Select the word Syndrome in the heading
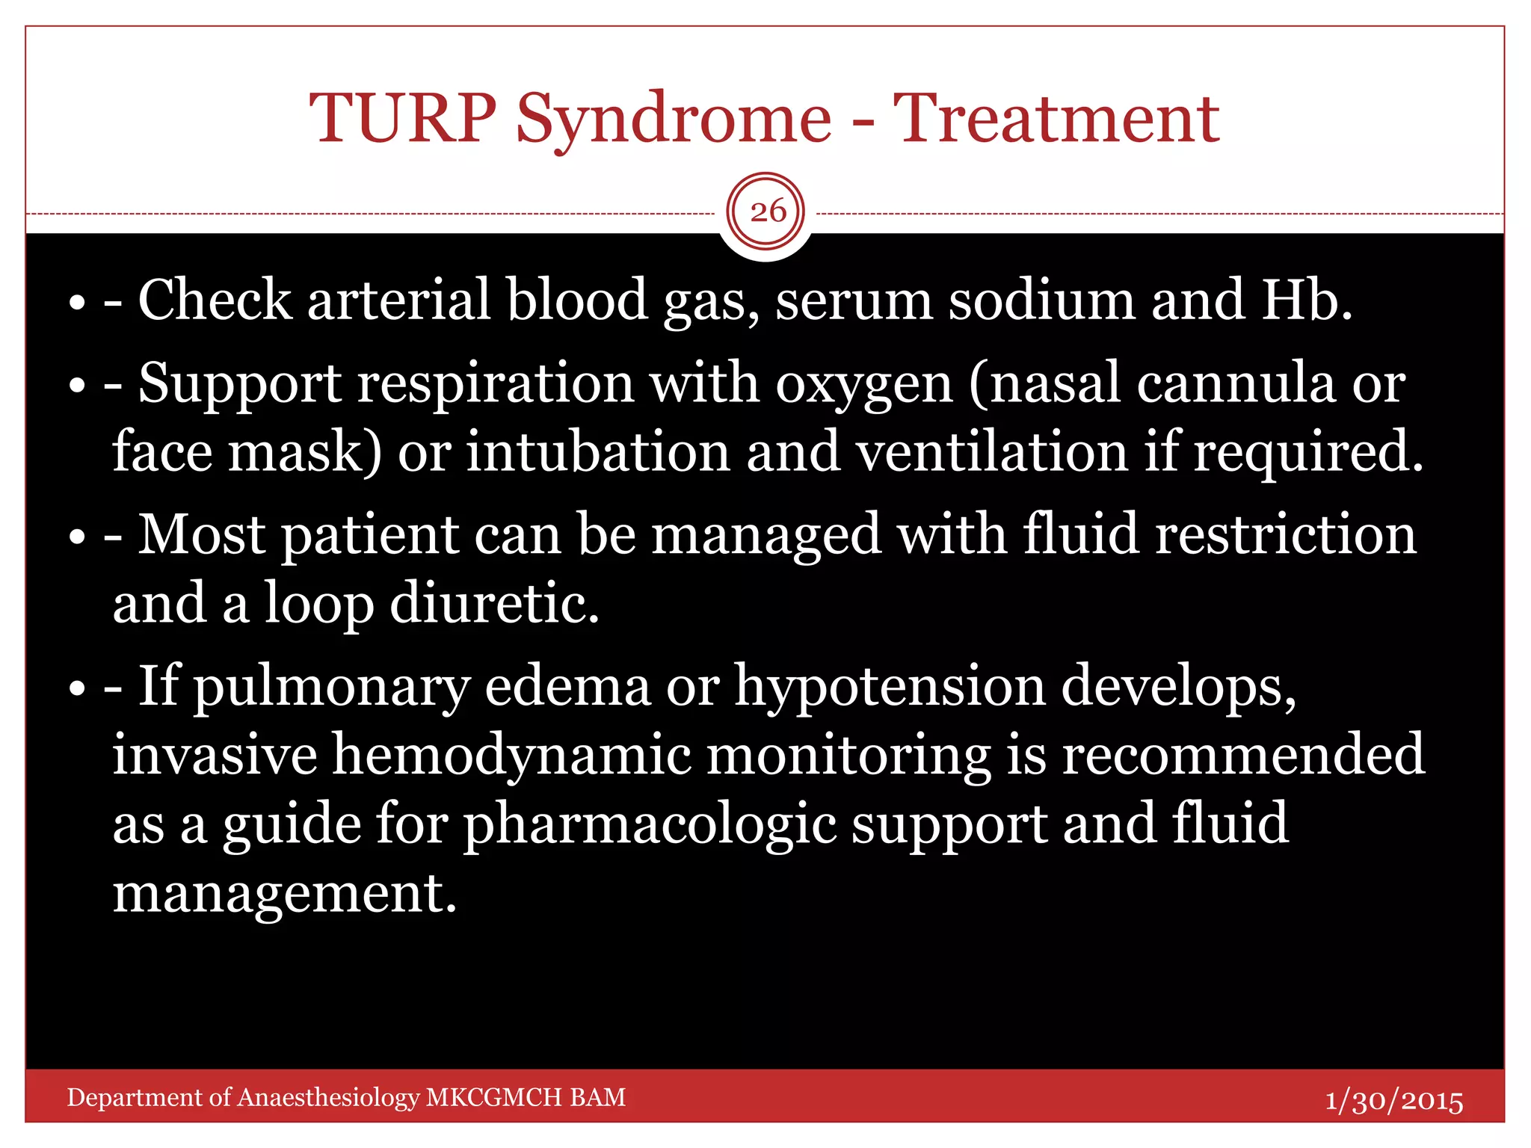(673, 120)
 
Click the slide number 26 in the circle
(767, 212)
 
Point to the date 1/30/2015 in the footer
(1393, 1100)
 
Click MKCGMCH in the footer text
(493, 1097)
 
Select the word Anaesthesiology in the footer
(328, 1097)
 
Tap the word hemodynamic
(511, 754)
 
